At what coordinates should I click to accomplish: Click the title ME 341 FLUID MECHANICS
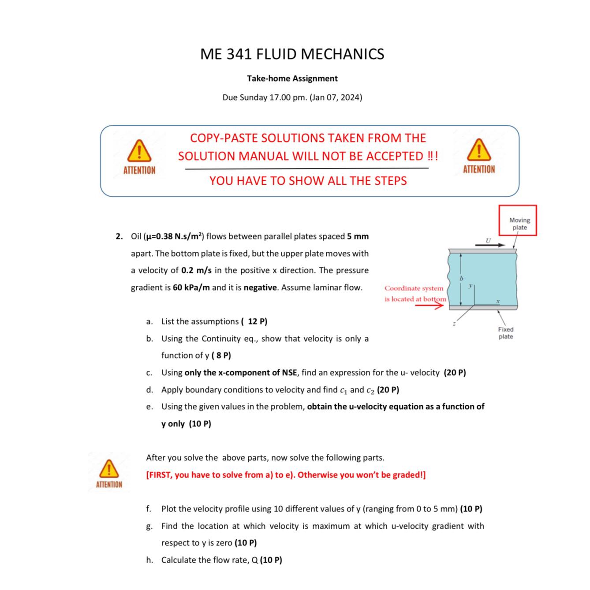[292, 54]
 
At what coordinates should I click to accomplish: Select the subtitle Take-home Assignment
[292, 78]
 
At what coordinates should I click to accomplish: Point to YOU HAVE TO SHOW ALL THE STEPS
[308, 181]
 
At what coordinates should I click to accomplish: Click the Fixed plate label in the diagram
[506, 333]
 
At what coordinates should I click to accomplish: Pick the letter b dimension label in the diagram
[461, 278]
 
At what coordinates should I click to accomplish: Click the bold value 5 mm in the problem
[358, 236]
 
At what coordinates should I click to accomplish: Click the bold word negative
[260, 288]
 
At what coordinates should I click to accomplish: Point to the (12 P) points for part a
[254, 321]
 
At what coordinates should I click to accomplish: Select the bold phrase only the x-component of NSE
[241, 373]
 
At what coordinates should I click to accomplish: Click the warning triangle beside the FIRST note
[108, 469]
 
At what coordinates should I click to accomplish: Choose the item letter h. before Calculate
[149, 560]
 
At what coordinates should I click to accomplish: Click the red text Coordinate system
[414, 288]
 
